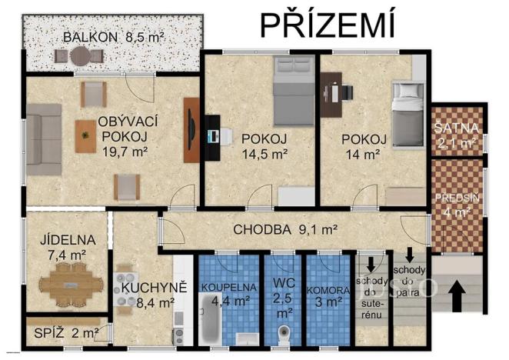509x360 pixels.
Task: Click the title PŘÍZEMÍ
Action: click(x=327, y=24)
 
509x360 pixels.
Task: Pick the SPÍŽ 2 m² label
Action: click(x=65, y=333)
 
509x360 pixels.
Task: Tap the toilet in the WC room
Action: click(x=283, y=335)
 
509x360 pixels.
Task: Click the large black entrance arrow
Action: click(x=458, y=296)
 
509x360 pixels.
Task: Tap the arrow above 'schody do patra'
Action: click(x=410, y=254)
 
